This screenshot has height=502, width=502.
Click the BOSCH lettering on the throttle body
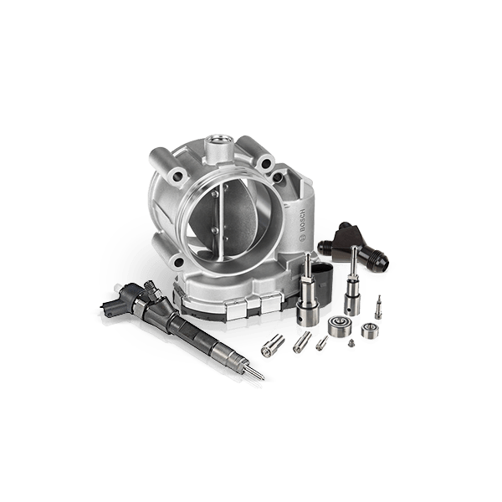pyautogui.click(x=303, y=221)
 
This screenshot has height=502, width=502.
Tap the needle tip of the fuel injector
pyautogui.click(x=264, y=378)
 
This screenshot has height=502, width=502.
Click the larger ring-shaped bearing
pyautogui.click(x=340, y=326)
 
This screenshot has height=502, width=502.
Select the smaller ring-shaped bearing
pyautogui.click(x=370, y=330)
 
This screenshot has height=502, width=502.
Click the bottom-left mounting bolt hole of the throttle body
pyautogui.click(x=179, y=263)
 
